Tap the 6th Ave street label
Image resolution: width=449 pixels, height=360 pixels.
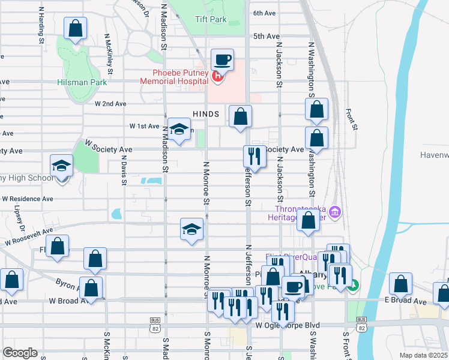(264, 13)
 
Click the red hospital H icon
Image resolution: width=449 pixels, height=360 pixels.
(218, 77)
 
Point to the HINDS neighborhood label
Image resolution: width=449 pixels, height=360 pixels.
(206, 113)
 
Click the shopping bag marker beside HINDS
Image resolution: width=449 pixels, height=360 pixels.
(240, 116)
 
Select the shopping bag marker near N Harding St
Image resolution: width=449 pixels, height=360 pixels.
(76, 28)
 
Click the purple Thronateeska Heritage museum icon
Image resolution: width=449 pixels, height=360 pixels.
(335, 212)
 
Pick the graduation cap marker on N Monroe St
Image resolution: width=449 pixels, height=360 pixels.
(192, 230)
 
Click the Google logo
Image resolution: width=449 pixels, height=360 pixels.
(20, 353)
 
